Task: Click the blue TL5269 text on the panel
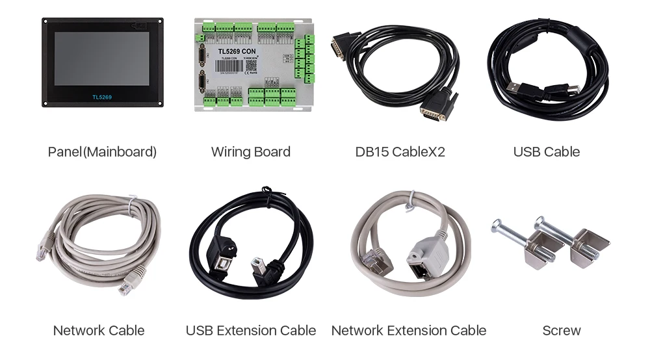click(102, 97)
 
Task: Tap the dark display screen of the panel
click(101, 60)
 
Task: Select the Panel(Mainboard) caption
click(102, 152)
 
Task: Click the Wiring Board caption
click(250, 152)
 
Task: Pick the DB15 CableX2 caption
click(400, 152)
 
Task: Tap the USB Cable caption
click(546, 152)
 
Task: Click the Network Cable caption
click(98, 330)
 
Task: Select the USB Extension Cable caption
click(251, 330)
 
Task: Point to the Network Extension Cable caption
click(408, 330)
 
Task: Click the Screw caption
click(562, 330)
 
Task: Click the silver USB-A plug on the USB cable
click(517, 86)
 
